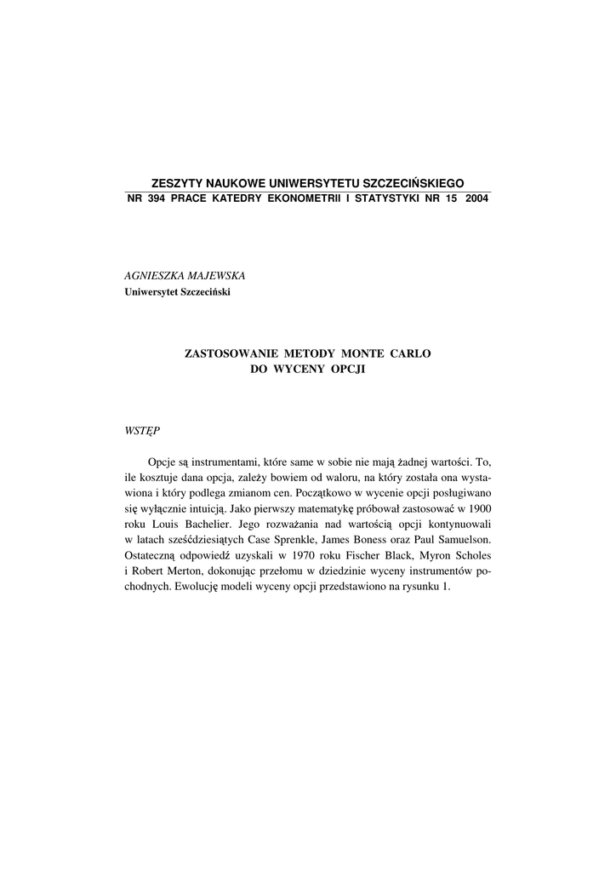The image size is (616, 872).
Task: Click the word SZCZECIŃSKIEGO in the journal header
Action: point(414,183)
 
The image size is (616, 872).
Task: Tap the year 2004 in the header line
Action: point(477,198)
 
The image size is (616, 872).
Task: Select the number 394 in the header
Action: point(156,198)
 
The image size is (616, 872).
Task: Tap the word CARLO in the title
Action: point(412,353)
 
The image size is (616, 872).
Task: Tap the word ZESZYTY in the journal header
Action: point(177,183)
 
